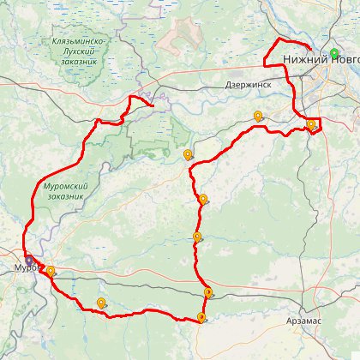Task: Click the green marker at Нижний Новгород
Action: [334, 52]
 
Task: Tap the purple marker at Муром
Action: [28, 260]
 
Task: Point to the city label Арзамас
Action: [306, 319]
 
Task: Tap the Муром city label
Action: [22, 268]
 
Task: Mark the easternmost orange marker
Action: [310, 125]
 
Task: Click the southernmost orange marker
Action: [201, 318]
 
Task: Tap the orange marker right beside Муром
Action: [51, 272]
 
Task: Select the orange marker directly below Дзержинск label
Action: [258, 117]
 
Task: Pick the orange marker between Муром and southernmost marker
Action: [102, 303]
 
